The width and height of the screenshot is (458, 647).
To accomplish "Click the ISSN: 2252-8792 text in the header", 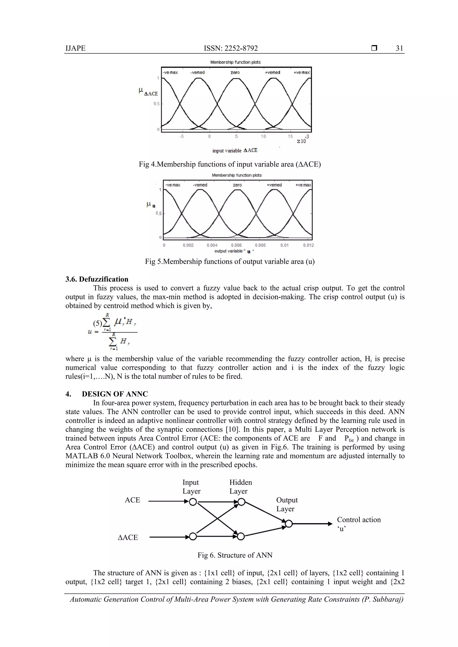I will coord(231,48).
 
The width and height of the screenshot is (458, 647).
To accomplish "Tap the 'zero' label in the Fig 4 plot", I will coord(235,72).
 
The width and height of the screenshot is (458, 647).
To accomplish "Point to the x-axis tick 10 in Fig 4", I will coord(263,136).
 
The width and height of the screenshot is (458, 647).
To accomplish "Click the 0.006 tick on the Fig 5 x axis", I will coord(236,245).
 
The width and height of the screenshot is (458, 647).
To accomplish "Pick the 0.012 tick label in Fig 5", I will coord(308,245).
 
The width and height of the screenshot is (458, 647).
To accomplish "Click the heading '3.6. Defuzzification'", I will coord(97,279).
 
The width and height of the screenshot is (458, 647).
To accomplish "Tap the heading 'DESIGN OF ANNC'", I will coord(115,394).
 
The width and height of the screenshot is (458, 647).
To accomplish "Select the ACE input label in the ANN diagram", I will coord(132,500).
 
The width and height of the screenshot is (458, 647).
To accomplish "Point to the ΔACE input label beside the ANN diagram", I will coord(128,537).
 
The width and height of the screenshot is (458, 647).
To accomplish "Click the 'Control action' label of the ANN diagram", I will coord(359,520).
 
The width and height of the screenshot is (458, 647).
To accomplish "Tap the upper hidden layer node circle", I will coord(241,502).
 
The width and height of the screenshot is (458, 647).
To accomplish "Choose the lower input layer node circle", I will coord(193,536).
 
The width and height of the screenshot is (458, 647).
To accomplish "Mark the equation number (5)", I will coord(97,323).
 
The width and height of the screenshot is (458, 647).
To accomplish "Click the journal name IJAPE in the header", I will coord(75,48).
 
